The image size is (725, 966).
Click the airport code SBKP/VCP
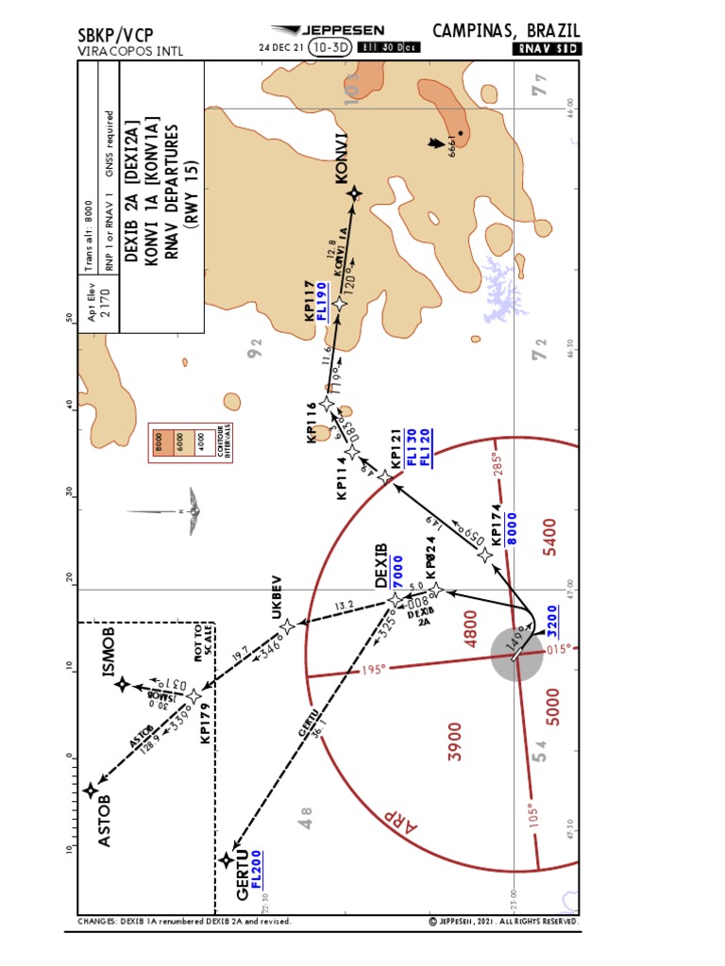point(117,35)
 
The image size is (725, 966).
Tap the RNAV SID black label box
point(547,48)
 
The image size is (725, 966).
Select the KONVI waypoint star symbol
point(354,194)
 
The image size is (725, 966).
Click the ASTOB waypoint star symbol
point(91,791)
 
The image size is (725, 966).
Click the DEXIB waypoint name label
point(381,565)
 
